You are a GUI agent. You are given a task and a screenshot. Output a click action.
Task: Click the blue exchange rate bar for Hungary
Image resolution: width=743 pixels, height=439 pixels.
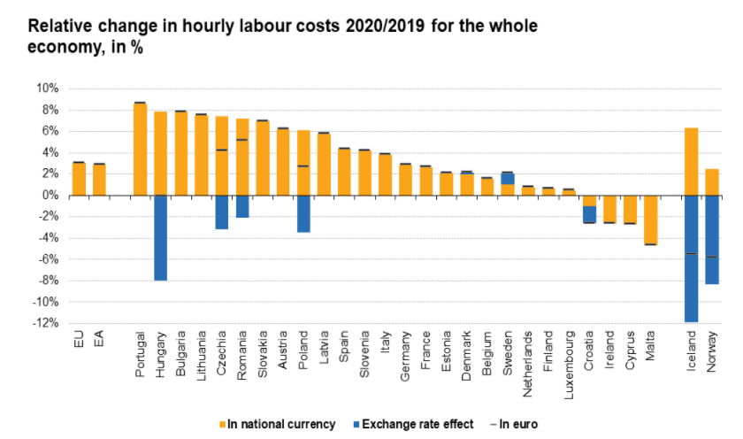pos(161,237)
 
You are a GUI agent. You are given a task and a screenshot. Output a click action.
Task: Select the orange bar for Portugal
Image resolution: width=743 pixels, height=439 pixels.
pos(140,149)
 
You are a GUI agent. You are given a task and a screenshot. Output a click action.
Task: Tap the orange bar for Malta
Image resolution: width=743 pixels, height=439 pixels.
pos(650,219)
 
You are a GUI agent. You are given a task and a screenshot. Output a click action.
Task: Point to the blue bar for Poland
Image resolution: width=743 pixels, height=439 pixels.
pos(303,213)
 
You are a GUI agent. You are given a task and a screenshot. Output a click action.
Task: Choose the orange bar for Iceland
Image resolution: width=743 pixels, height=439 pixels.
pos(692,161)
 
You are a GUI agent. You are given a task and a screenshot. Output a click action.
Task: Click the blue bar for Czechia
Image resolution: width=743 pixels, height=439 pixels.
pos(222,212)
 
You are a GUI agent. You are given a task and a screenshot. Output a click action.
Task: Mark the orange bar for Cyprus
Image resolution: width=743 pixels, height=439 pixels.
pos(630,210)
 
